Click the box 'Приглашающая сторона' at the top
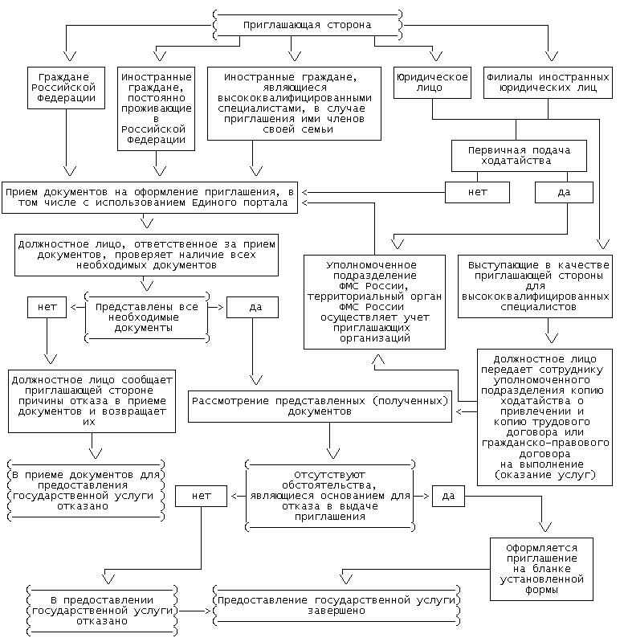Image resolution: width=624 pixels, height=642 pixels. point(308,25)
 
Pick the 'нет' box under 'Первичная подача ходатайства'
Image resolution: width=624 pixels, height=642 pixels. point(477,192)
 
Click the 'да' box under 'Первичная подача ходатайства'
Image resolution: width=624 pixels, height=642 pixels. point(564,192)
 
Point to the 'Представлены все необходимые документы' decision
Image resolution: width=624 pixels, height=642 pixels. point(146,317)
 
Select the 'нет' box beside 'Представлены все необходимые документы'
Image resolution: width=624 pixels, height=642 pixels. point(47,307)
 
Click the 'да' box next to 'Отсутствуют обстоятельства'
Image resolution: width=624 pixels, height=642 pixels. point(449,496)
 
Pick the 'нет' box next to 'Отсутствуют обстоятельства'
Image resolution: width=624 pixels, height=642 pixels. point(202,496)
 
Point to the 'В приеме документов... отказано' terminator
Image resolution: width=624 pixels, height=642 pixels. point(85,491)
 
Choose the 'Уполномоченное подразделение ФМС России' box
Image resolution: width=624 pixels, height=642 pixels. point(374,301)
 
